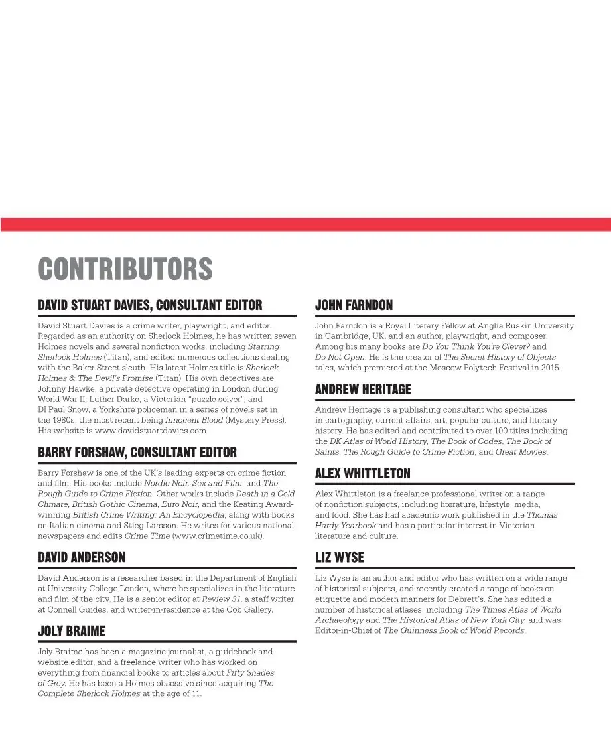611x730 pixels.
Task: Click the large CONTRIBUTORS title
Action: (125, 269)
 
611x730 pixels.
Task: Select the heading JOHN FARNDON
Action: (354, 305)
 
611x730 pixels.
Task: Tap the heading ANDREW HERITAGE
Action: (363, 390)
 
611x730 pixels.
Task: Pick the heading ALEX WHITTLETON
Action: (362, 474)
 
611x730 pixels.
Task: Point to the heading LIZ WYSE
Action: (339, 558)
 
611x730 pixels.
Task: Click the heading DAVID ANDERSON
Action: (82, 558)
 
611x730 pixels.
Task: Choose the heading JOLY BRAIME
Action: (72, 632)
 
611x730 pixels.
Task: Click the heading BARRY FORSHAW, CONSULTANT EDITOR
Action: (137, 453)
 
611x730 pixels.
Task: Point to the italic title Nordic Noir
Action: (167, 483)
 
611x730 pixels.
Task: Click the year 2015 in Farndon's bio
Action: (549, 368)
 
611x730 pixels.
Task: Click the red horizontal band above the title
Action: (305, 224)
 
